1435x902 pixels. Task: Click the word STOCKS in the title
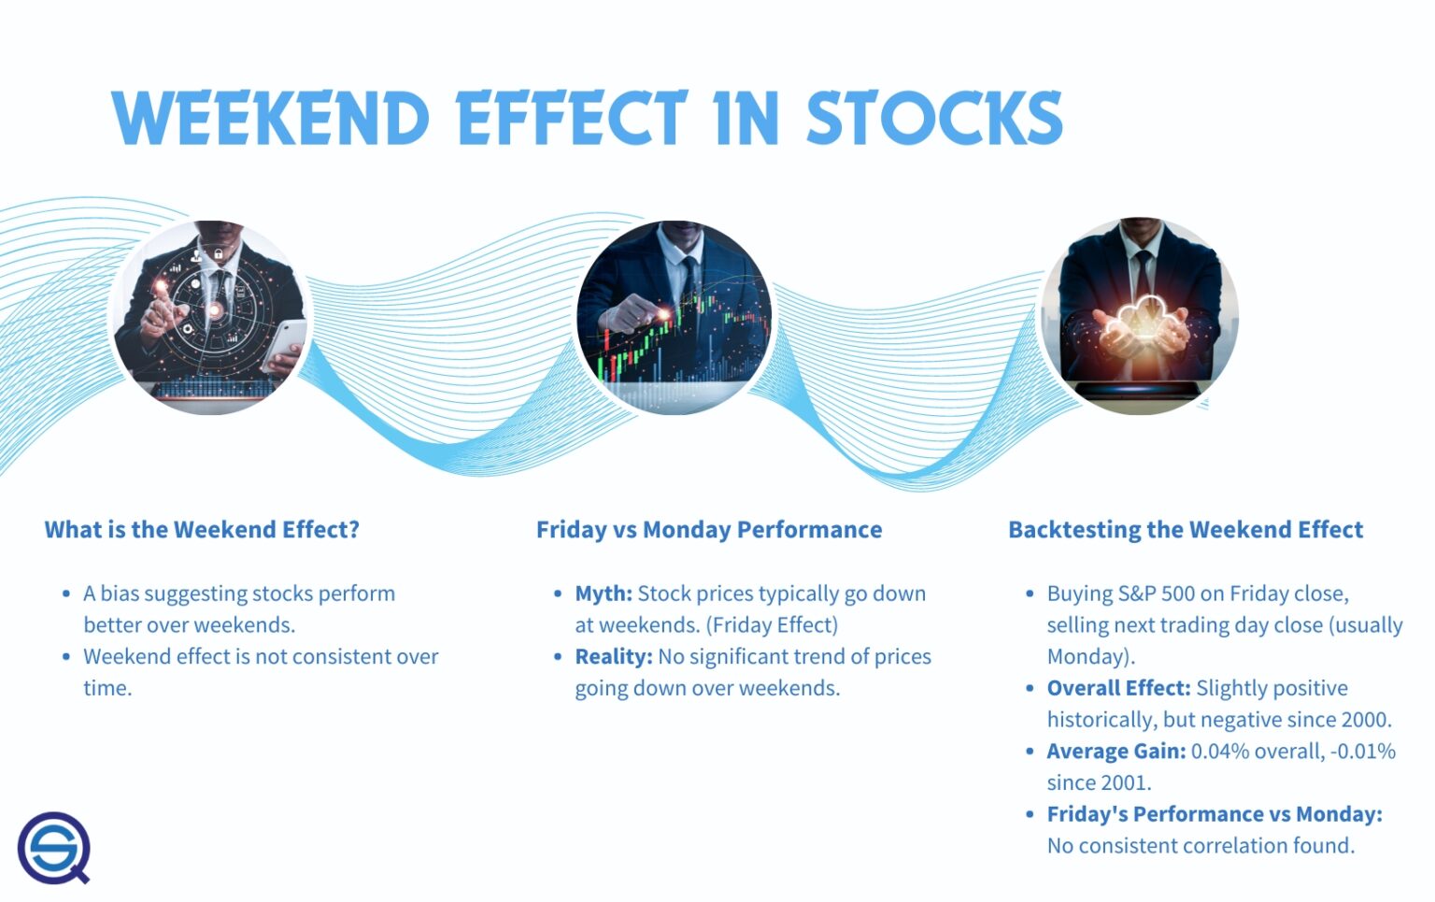(933, 119)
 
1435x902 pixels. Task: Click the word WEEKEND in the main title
(271, 119)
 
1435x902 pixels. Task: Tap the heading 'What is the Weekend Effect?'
(202, 530)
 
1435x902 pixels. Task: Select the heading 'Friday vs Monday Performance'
(708, 530)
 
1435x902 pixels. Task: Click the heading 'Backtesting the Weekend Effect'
(1185, 530)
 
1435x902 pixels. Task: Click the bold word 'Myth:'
(604, 594)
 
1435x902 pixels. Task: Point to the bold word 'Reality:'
(613, 657)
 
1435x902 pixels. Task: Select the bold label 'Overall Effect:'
(1117, 689)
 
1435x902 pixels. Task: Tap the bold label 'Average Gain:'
(1115, 752)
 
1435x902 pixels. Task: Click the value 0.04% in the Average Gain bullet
(1219, 752)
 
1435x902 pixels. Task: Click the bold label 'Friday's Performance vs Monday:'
(1214, 814)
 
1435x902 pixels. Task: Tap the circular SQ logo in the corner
(54, 848)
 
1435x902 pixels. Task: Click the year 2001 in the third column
(1124, 782)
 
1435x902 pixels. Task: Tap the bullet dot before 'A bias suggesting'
(66, 594)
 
